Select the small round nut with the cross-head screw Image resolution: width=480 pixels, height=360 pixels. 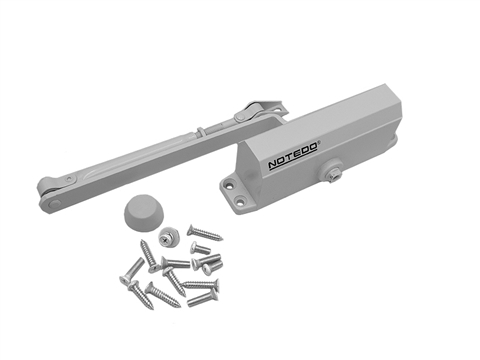pos(167,240)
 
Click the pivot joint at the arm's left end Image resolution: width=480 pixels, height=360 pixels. pos(50,193)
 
